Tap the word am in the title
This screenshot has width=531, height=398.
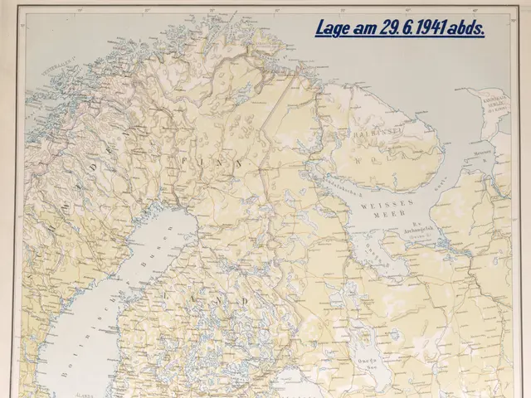click(364, 29)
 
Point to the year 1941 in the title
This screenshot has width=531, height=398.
click(436, 29)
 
